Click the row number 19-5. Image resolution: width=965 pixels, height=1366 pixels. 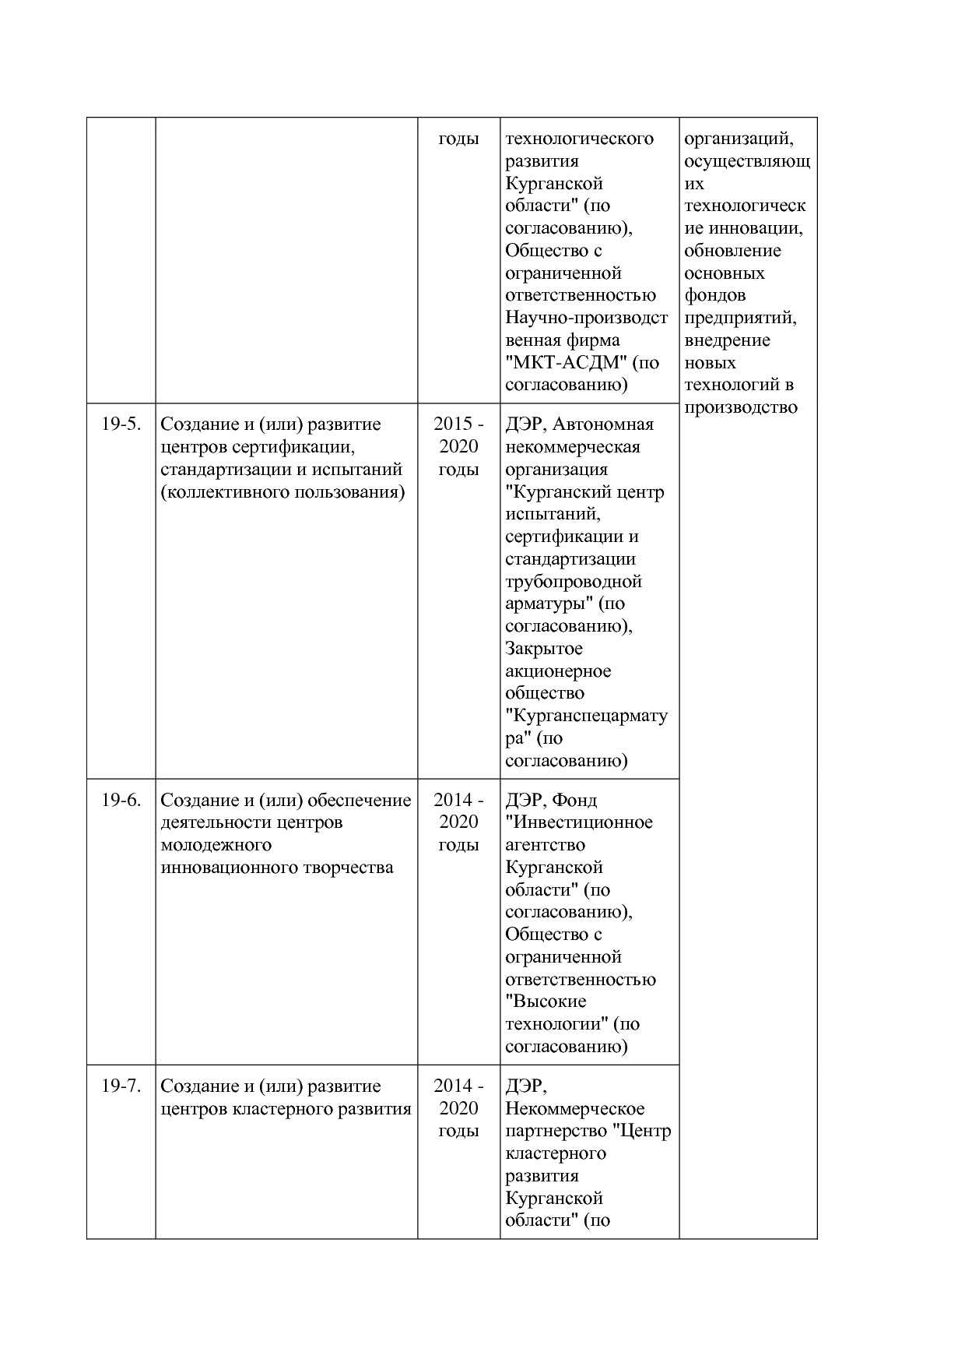[121, 424]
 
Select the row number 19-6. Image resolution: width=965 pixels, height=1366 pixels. [121, 800]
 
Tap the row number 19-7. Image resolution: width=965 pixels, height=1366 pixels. [121, 1086]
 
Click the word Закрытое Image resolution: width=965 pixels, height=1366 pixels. [543, 649]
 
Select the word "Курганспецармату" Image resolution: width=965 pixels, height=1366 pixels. [586, 716]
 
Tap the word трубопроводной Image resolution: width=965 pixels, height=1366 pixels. [573, 581]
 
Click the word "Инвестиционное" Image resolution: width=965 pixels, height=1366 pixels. [578, 822]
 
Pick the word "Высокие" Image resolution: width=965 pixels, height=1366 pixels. [546, 1002]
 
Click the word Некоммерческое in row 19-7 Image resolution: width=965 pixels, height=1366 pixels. [574, 1108]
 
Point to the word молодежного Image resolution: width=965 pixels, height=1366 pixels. [216, 845]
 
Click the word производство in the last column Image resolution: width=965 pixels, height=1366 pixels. [740, 407]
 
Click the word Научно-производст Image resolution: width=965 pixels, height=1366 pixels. [586, 318]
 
